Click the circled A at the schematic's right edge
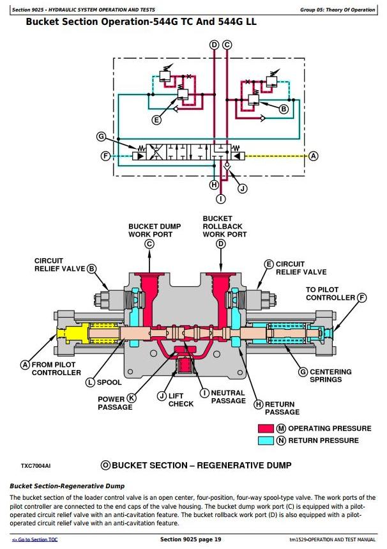click(x=313, y=156)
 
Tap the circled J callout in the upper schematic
click(x=241, y=188)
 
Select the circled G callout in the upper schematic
click(x=100, y=136)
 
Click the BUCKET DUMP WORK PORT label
click(x=155, y=230)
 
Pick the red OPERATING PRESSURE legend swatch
click(x=266, y=428)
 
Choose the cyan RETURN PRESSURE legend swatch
click(x=266, y=440)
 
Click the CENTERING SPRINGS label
click(x=330, y=376)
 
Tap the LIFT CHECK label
click(x=181, y=399)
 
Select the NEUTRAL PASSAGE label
click(x=228, y=397)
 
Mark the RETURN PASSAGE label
click(x=282, y=408)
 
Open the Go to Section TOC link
click(x=36, y=540)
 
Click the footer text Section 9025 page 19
click(x=190, y=539)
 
